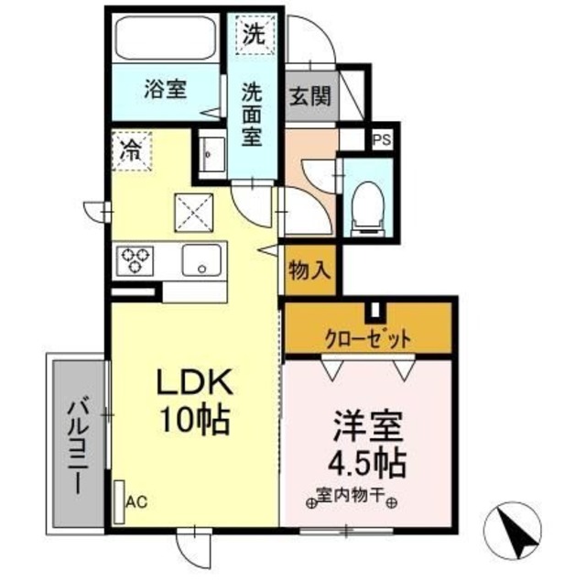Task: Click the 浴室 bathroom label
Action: click(166, 90)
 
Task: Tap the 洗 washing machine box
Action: click(252, 34)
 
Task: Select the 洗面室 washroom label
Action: click(252, 115)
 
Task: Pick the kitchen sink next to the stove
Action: click(200, 261)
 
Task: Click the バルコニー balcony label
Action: click(77, 444)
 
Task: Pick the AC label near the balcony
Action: click(136, 500)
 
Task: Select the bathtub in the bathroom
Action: click(165, 39)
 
